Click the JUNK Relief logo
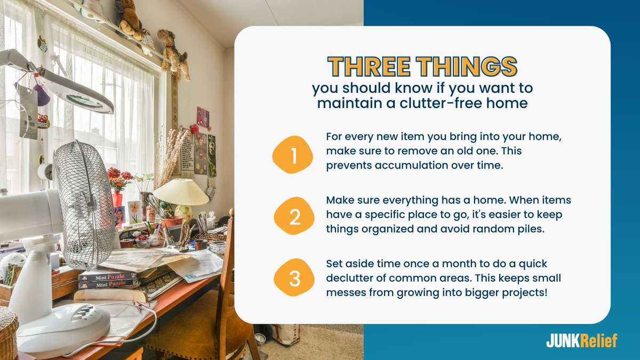(x=581, y=341)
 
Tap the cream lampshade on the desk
(x=181, y=192)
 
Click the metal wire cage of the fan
(x=85, y=203)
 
